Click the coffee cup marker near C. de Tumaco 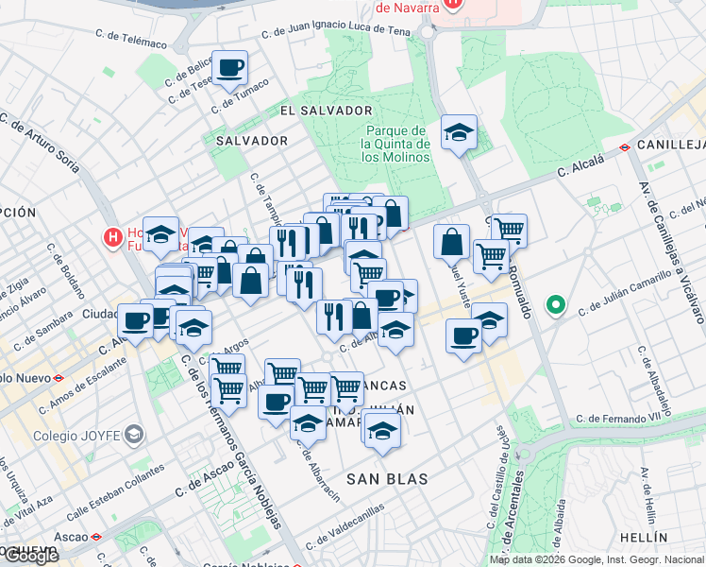[x=229, y=69]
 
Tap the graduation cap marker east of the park [x=459, y=133]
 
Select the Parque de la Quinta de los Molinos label [x=396, y=145]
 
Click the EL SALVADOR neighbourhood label [x=326, y=111]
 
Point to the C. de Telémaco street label [x=131, y=39]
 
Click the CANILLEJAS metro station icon [x=625, y=146]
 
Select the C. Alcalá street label [x=580, y=170]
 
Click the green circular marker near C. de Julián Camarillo [x=557, y=305]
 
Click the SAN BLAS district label [x=387, y=479]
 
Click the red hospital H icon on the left [x=112, y=235]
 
